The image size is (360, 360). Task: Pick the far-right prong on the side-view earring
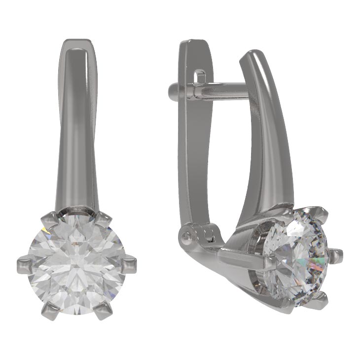tap(337, 254)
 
